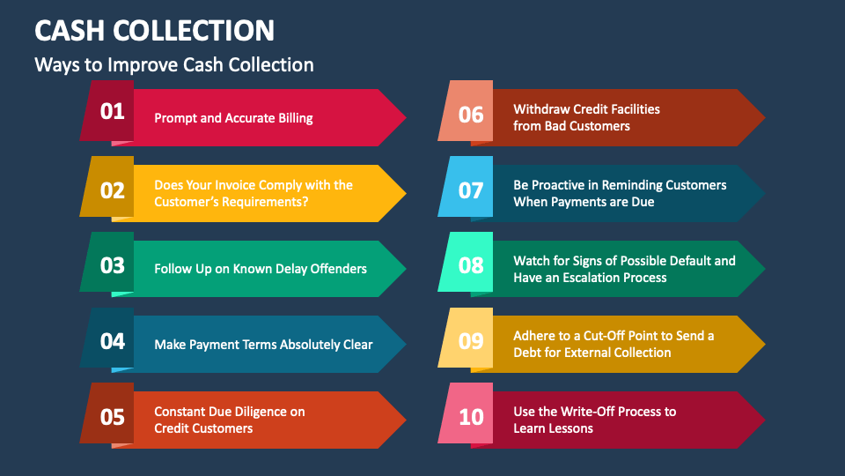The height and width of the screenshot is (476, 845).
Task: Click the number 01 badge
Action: click(113, 111)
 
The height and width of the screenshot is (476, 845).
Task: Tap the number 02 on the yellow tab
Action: click(113, 190)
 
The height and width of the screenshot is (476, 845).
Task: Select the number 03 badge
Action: click(113, 265)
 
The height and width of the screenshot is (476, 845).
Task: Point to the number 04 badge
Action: click(113, 341)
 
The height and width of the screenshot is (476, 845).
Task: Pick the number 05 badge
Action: click(113, 417)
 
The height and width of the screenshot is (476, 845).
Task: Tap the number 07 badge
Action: click(471, 190)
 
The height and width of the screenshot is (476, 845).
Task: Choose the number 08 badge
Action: click(471, 265)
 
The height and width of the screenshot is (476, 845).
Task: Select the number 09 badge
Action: click(471, 341)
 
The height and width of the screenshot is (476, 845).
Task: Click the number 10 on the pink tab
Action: click(471, 416)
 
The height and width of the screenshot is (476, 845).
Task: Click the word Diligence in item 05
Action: click(262, 412)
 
